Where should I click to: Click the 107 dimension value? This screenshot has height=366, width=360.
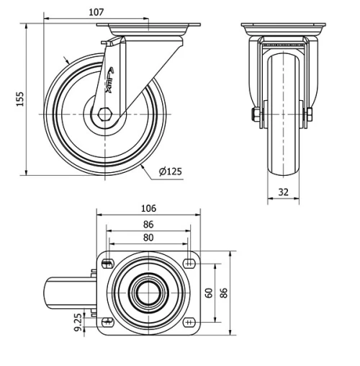coord(96,12)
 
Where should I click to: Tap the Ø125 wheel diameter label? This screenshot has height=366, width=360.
coord(170,171)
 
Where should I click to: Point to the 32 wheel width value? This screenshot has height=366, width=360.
coord(284,192)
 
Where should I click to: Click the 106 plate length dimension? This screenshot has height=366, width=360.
coord(148,208)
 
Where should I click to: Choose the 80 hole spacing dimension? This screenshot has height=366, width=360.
coord(148,237)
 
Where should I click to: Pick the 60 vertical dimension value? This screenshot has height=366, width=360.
coord(208,293)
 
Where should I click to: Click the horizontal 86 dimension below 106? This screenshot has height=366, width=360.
coord(148,224)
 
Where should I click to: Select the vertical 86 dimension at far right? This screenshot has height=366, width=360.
coord(223,293)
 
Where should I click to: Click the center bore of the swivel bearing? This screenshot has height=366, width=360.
coord(148,292)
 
